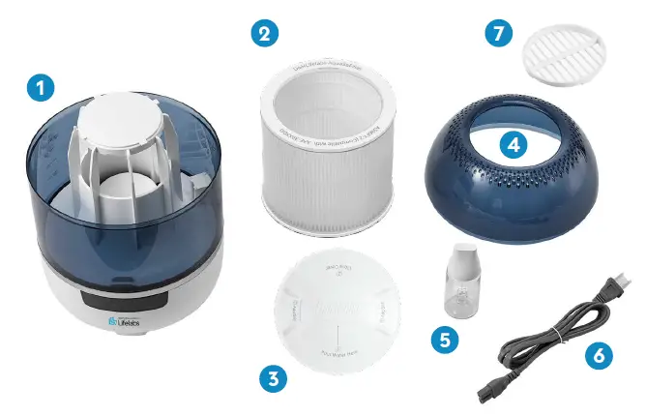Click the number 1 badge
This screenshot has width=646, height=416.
[39, 88]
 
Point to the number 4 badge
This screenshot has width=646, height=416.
[513, 145]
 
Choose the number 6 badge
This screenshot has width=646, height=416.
[601, 356]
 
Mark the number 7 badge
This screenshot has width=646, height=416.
[498, 33]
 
